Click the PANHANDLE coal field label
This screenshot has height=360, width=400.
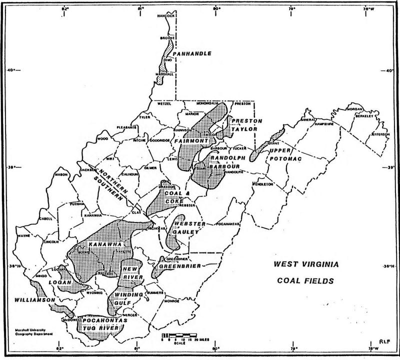tap(191, 53)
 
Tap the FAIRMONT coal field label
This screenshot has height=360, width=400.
tap(191, 141)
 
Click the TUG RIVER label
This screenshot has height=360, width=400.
tap(102, 327)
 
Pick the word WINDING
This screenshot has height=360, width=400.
tap(131, 294)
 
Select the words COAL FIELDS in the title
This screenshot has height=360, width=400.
tap(305, 281)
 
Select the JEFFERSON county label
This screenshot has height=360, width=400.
tap(379, 134)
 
